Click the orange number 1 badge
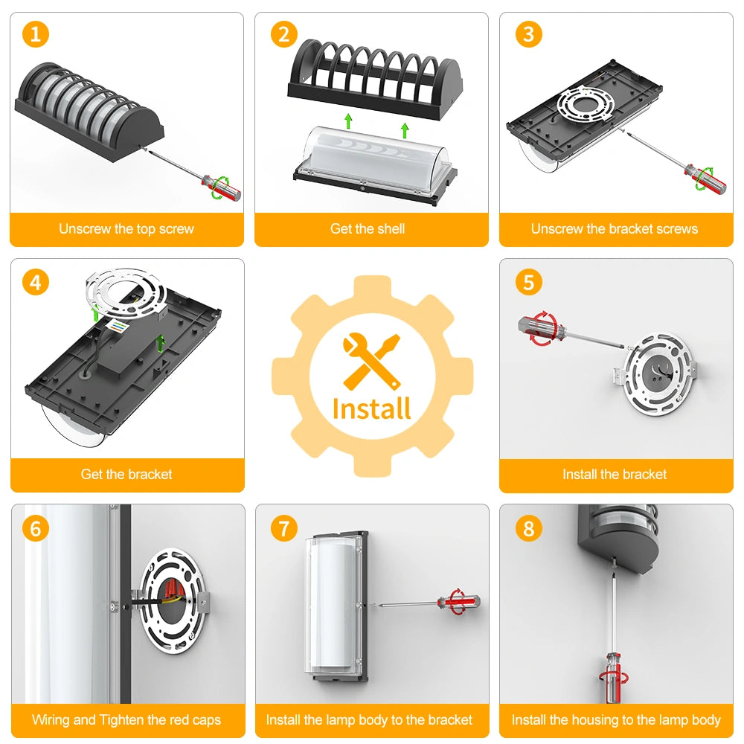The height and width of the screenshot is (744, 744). click(x=36, y=35)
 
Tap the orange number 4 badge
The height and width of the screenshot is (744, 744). click(x=36, y=282)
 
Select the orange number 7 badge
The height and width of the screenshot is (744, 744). click(x=283, y=528)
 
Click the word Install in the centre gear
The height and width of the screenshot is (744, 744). click(x=371, y=408)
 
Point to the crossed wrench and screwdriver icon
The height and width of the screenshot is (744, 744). click(x=372, y=362)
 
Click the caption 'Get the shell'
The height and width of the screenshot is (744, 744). click(x=368, y=228)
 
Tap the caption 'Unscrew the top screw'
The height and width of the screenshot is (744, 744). click(x=126, y=228)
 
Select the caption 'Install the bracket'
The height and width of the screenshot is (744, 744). click(x=615, y=474)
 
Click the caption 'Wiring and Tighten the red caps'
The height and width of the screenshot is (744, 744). click(x=126, y=719)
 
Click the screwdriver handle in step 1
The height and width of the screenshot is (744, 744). click(x=222, y=187)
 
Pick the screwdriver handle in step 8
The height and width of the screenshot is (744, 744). click(x=614, y=677)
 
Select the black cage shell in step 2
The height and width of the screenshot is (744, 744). click(x=375, y=79)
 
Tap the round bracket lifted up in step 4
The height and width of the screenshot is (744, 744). click(x=126, y=293)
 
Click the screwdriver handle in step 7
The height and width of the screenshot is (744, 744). click(x=458, y=603)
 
